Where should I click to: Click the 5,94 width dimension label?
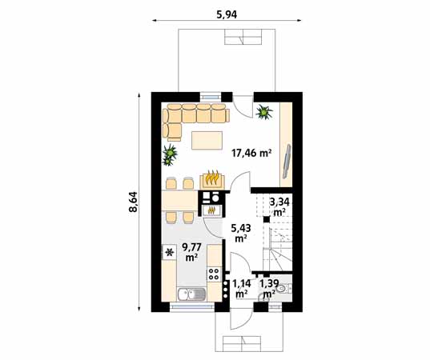pyautogui.click(x=227, y=14)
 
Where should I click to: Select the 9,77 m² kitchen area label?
pyautogui.click(x=191, y=252)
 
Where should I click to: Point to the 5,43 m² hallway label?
pyautogui.click(x=240, y=233)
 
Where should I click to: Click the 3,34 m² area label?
pyautogui.click(x=279, y=207)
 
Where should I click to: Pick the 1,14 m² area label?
pyautogui.click(x=240, y=288)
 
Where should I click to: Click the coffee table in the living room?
pyautogui.click(x=207, y=141)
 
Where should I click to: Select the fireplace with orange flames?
pyautogui.click(x=212, y=178)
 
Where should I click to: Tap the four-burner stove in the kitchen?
pyautogui.click(x=214, y=274)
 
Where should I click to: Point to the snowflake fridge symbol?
pyautogui.click(x=169, y=253)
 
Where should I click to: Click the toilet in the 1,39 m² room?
pyautogui.click(x=289, y=289)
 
